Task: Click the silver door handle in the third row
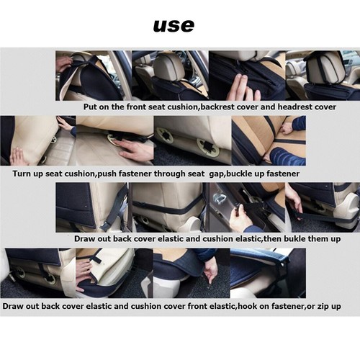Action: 217,199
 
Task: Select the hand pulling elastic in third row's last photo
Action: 294,196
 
